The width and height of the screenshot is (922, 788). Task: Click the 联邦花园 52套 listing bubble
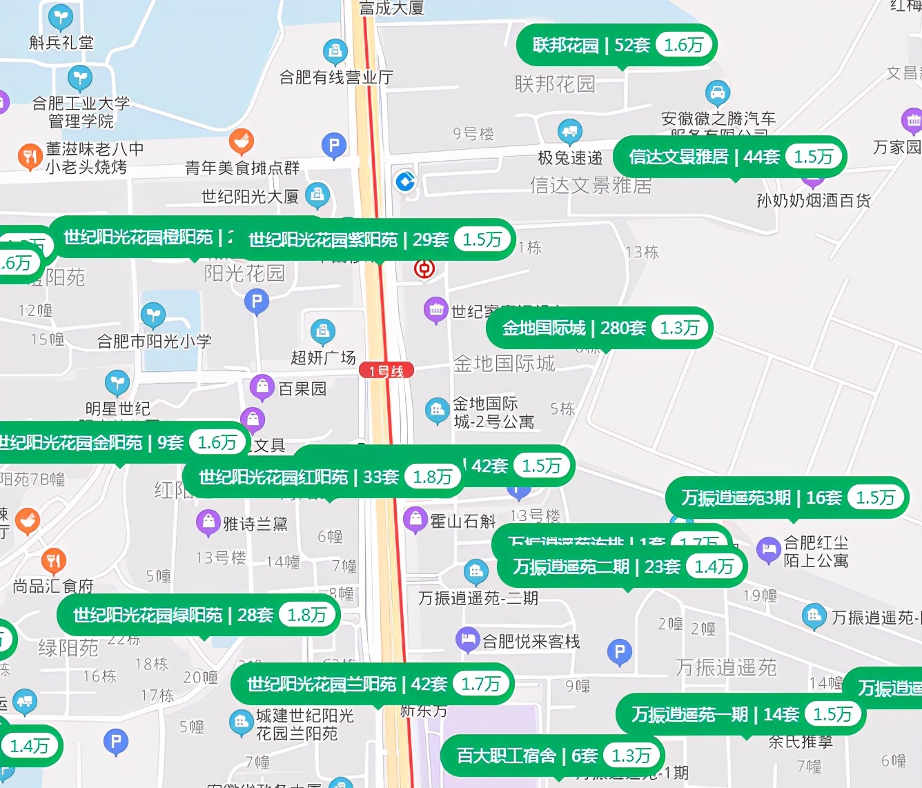(616, 46)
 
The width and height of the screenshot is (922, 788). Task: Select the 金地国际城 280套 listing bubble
(599, 328)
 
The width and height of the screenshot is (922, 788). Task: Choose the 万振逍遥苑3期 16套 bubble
(786, 498)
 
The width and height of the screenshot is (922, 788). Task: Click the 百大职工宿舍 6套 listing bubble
(551, 756)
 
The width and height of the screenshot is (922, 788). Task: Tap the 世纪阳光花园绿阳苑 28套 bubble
(197, 615)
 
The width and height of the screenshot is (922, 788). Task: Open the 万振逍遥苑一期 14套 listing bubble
(740, 714)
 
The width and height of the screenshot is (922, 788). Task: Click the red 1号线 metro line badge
(386, 371)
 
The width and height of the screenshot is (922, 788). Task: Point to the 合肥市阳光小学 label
(155, 341)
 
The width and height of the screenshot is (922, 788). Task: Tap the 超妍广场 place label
(323, 357)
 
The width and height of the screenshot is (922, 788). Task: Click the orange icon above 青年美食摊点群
(241, 142)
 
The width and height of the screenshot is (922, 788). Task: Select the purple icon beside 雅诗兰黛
(208, 522)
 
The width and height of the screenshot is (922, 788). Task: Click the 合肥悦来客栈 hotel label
(531, 642)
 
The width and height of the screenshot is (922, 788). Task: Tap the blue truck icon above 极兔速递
(569, 130)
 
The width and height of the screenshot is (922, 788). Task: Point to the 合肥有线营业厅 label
(336, 77)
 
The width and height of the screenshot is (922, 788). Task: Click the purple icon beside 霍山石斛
(415, 520)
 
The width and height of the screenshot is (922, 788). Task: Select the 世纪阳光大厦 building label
(250, 197)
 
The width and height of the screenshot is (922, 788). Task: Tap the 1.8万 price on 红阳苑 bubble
(432, 477)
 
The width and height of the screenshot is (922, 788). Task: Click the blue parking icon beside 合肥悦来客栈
(619, 651)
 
